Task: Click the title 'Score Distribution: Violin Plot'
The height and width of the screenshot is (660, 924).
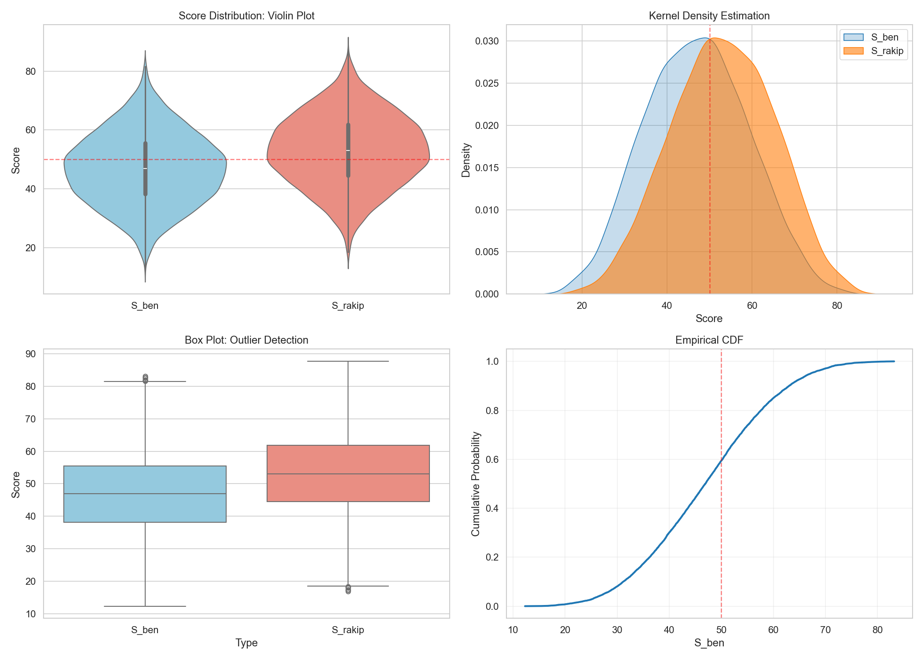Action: pos(246,16)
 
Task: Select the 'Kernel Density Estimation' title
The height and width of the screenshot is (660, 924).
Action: pos(709,16)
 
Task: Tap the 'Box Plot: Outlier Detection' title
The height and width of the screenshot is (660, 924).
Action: pos(246,340)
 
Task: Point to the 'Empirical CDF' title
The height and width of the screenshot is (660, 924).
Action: pos(709,340)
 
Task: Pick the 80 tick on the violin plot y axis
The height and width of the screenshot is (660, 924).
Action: pos(31,71)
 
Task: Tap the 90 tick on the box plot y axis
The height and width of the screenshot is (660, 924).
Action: pos(31,354)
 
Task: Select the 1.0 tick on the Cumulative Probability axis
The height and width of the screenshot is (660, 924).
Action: pos(492,362)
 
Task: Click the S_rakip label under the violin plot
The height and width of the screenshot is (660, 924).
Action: pos(348,306)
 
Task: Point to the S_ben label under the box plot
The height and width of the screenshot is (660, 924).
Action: pos(145,630)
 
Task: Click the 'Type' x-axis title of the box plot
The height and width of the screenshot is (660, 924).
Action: pos(246,643)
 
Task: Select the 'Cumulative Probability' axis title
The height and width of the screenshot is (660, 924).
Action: pos(476,484)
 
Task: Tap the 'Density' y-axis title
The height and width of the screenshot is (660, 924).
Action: pos(466,160)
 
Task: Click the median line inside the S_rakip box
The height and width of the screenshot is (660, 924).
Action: pos(348,474)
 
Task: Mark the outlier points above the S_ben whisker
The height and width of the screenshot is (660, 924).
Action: pos(145,378)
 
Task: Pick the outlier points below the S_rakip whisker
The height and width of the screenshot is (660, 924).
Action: pos(348,589)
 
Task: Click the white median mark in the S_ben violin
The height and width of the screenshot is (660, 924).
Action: pos(145,169)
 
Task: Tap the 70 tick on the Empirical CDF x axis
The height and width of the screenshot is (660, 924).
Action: pos(825,630)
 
